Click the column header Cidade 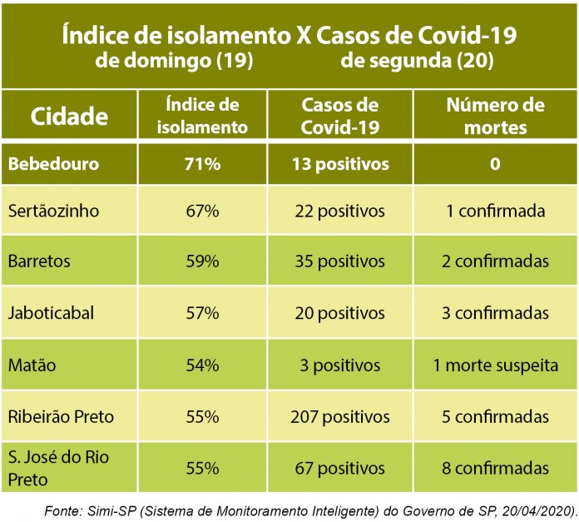(x=69, y=116)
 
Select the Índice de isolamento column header (x=203, y=116)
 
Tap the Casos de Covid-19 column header (x=339, y=116)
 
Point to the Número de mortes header (x=495, y=116)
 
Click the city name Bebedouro (x=53, y=164)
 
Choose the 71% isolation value (x=202, y=164)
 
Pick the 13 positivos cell (x=339, y=164)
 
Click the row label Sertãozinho (x=54, y=211)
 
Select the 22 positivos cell (x=339, y=211)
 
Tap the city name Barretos (x=40, y=261)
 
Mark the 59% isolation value (x=202, y=261)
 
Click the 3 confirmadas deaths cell (x=495, y=314)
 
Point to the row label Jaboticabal (x=51, y=314)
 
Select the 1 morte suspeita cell (x=495, y=365)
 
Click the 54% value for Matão (x=202, y=365)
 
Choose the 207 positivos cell (x=339, y=416)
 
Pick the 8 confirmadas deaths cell (x=495, y=468)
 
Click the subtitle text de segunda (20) (x=417, y=61)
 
